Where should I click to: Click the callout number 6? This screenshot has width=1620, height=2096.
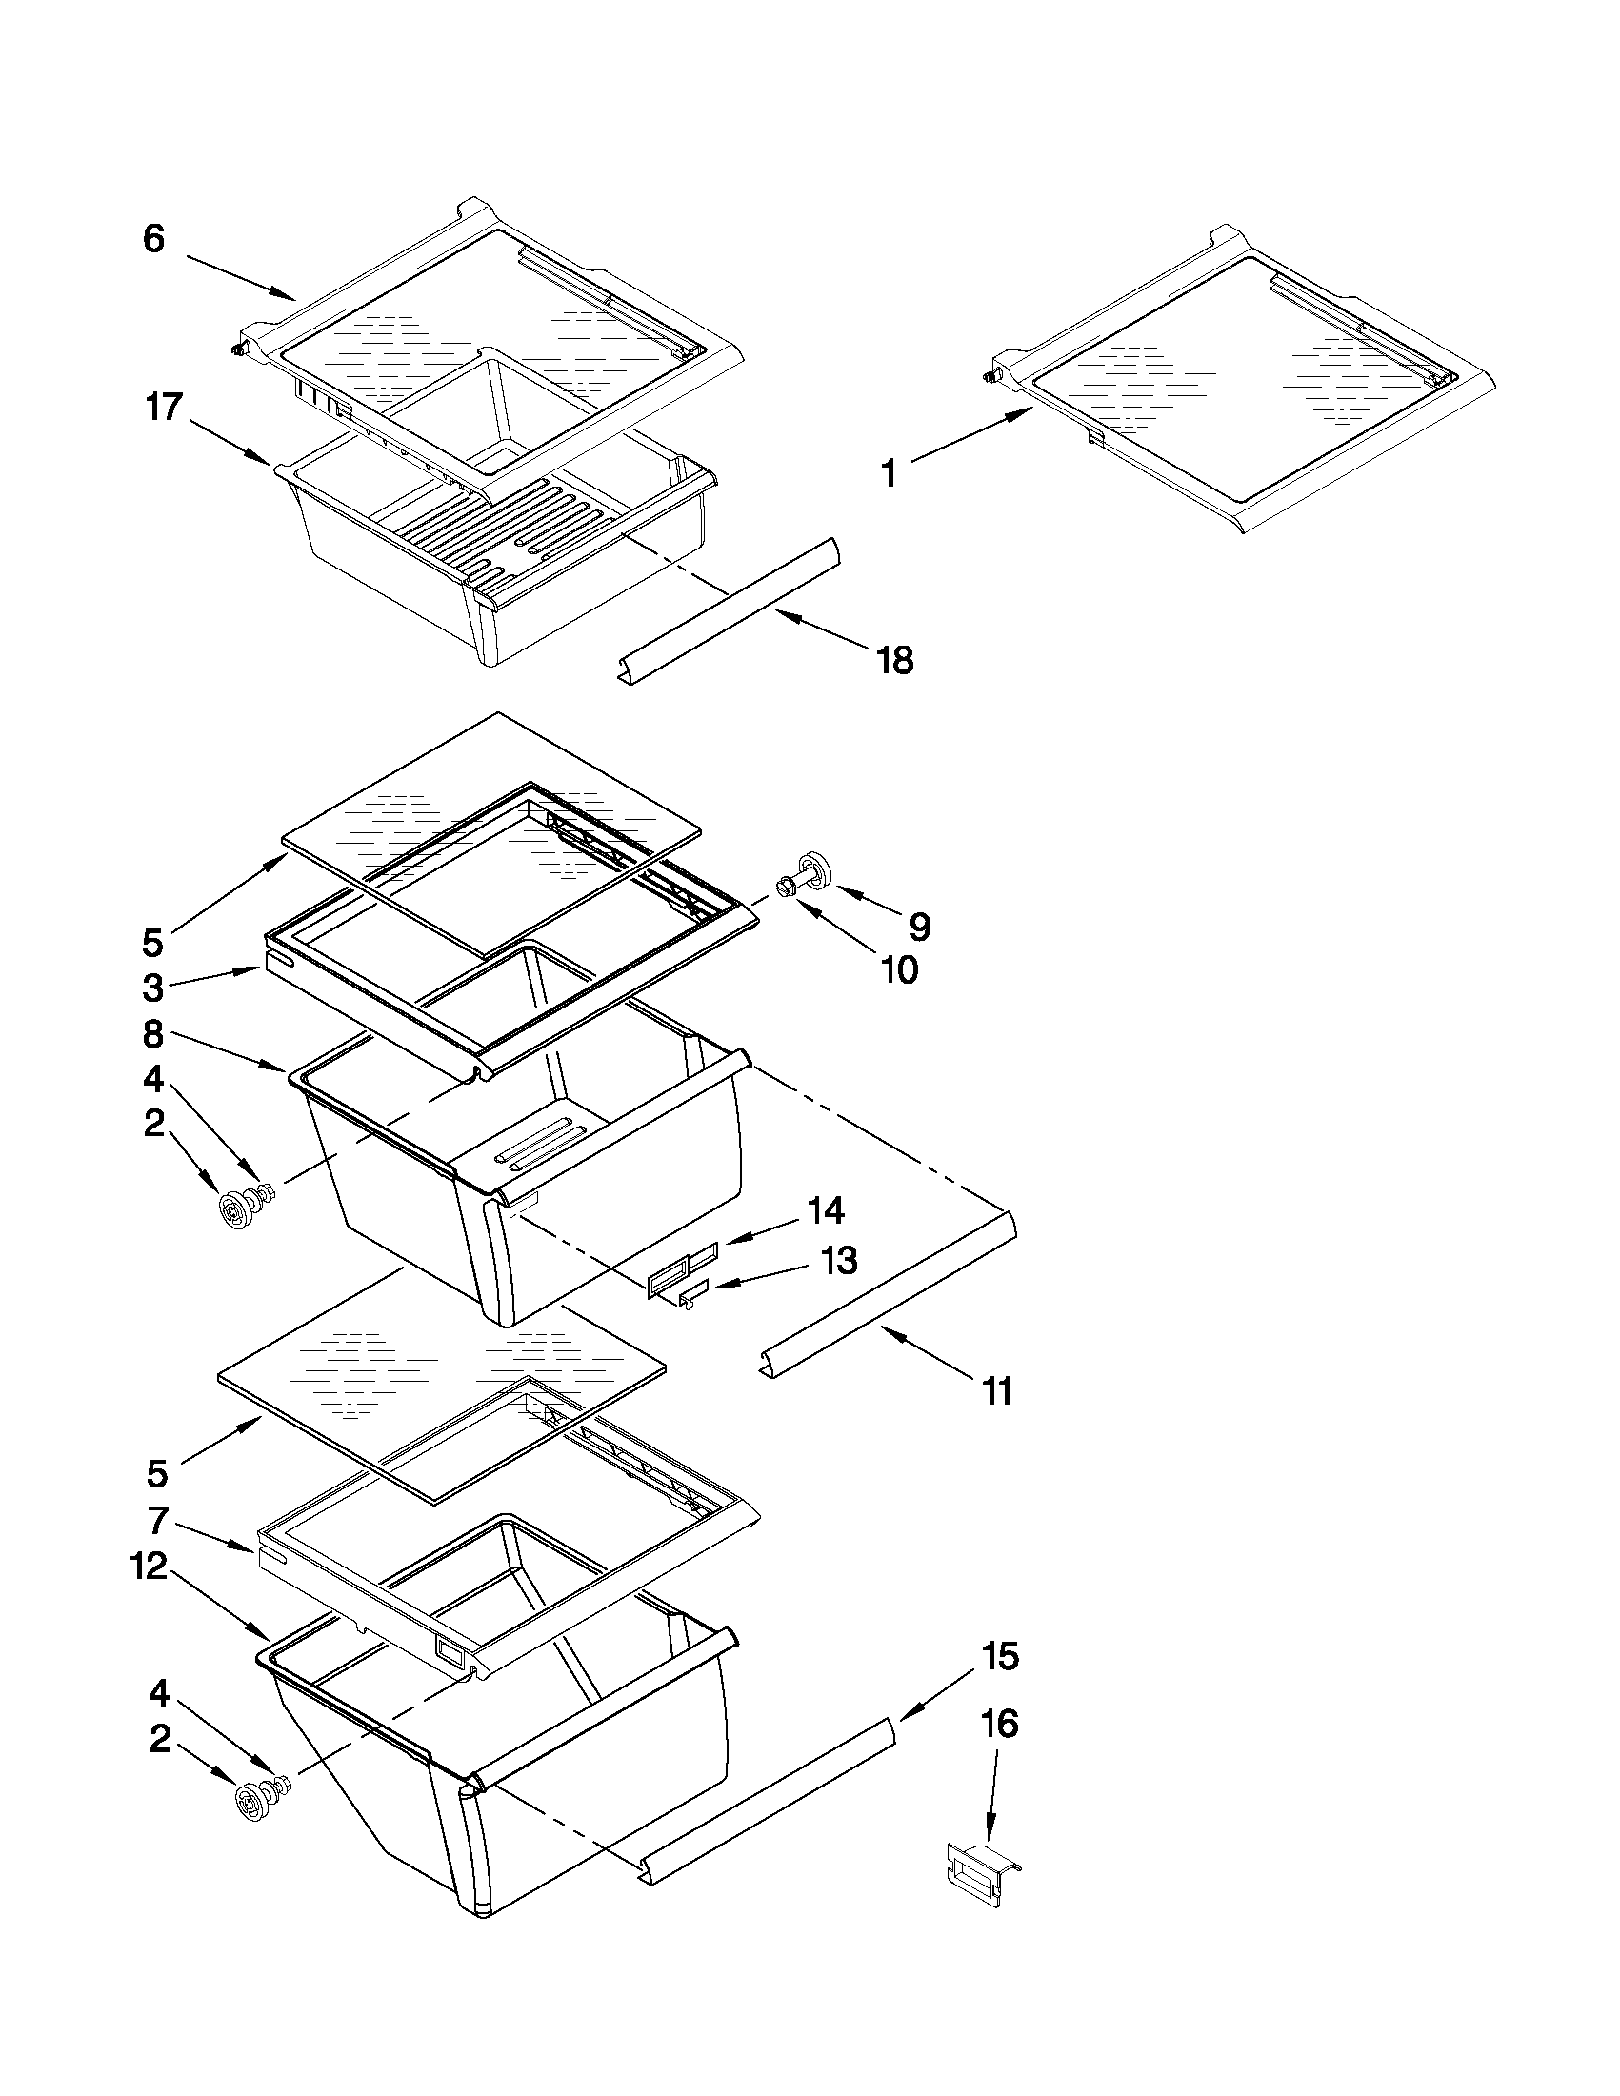click(154, 239)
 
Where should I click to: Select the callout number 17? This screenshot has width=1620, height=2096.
click(164, 407)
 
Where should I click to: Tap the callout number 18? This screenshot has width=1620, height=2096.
click(894, 661)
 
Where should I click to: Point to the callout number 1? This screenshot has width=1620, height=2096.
click(890, 474)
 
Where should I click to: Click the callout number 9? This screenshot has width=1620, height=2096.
click(919, 927)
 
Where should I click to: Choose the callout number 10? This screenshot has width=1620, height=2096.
click(899, 970)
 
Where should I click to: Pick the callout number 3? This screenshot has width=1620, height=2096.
click(153, 988)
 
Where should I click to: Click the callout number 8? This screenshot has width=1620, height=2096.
click(153, 1034)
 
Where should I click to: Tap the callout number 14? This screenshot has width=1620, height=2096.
click(826, 1211)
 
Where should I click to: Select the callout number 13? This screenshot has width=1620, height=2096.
click(838, 1260)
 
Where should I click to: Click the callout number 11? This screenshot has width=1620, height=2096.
click(997, 1390)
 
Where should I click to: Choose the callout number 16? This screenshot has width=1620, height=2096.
click(998, 1725)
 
